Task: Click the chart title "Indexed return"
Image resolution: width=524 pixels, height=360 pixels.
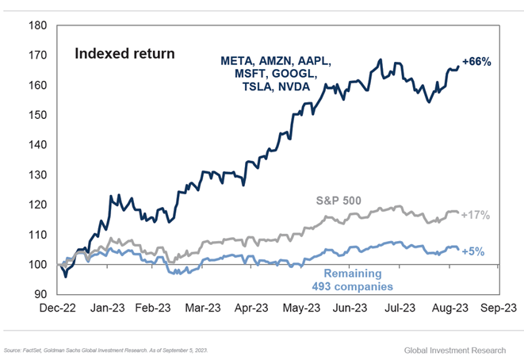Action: pos(124,54)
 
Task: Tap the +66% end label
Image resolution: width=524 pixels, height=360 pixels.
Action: pos(476,62)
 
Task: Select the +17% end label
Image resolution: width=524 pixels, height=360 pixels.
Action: pos(476,215)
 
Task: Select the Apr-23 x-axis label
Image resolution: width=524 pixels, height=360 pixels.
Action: pos(253,307)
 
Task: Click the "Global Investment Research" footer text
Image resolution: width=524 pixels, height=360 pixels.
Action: pos(459,349)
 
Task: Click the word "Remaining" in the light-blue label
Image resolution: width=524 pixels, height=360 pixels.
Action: pos(348,270)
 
